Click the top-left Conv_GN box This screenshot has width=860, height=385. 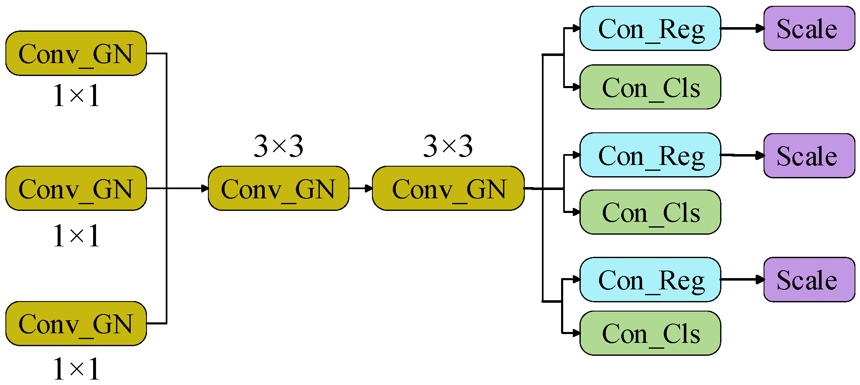coord(76,53)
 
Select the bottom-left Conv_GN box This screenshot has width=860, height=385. coord(76,324)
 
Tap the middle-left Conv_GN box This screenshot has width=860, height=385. coord(76,188)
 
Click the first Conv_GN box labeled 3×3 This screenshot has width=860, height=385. coord(278,188)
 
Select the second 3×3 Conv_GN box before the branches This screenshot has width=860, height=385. coord(448,188)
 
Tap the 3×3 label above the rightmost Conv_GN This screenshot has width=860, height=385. coord(448,146)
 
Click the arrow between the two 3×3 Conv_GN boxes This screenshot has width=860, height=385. coord(361,188)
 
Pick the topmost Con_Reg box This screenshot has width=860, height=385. coord(650,28)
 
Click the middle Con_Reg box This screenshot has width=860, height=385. coord(650,155)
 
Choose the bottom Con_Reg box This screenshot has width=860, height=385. coord(650,279)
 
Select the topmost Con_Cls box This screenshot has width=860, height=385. coord(650,87)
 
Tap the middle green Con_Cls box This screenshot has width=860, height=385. coord(650,212)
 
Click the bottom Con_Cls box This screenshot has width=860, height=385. coord(650,333)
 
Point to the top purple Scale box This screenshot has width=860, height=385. coord(809,28)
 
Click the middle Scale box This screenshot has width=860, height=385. coord(809,156)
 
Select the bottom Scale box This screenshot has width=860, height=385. coord(809,279)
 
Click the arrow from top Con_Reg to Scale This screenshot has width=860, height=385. coord(742,28)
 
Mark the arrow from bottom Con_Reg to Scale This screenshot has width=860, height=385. coord(742,279)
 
